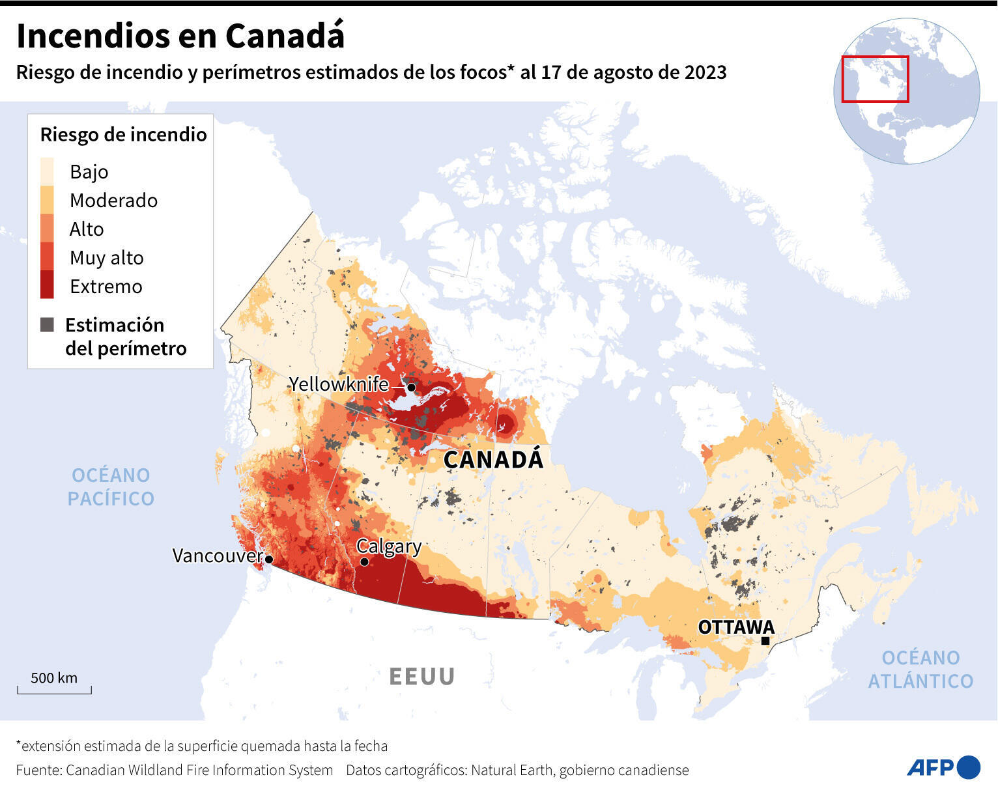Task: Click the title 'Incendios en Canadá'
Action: tap(180, 36)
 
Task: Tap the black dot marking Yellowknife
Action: tap(411, 387)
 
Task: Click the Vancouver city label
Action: tap(216, 556)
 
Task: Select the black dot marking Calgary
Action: tap(364, 561)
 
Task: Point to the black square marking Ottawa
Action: tap(765, 641)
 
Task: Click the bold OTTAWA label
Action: tap(736, 627)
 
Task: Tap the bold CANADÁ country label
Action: tap(493, 460)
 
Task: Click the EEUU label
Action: tap(421, 677)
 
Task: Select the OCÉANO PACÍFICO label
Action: tap(111, 487)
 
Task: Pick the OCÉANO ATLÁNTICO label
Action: tap(920, 669)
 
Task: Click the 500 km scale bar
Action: tap(54, 689)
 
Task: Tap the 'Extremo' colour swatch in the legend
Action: tap(47, 285)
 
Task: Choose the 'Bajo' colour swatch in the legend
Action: tap(47, 171)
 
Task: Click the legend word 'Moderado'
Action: tap(113, 201)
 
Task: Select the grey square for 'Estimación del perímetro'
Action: tap(47, 324)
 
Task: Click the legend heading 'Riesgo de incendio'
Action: tap(123, 135)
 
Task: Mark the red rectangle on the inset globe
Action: tap(874, 79)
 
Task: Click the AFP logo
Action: tap(943, 767)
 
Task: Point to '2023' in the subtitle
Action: tap(705, 72)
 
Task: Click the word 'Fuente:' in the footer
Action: tap(38, 770)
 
